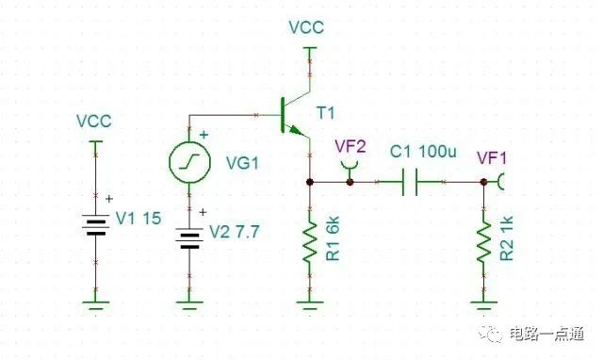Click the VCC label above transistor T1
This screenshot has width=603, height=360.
pos(306,27)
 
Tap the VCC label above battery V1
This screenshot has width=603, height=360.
pos(94,122)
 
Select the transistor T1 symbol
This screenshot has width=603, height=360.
pos(295,115)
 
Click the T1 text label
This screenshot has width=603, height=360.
pos(325,113)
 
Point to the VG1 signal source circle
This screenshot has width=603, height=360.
pos(189,162)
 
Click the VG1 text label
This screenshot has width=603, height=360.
pos(242,163)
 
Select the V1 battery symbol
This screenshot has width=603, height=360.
pos(96,224)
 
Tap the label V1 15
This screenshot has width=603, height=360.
pos(139,219)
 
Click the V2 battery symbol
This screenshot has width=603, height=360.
pos(189,238)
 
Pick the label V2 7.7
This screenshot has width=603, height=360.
pos(235,232)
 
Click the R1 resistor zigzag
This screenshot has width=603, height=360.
pos(310,242)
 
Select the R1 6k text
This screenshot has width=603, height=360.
pos(333,238)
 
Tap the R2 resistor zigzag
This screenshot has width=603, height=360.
pos(484,242)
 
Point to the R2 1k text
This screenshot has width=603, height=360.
pos(507,238)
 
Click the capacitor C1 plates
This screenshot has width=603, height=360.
pos(410,182)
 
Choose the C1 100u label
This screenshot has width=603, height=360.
pos(423,152)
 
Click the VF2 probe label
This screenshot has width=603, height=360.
pos(350,146)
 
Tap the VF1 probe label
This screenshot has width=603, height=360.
pos(492,158)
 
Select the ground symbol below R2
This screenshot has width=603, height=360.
pos(484,305)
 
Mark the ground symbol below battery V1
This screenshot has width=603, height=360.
pos(96,305)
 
